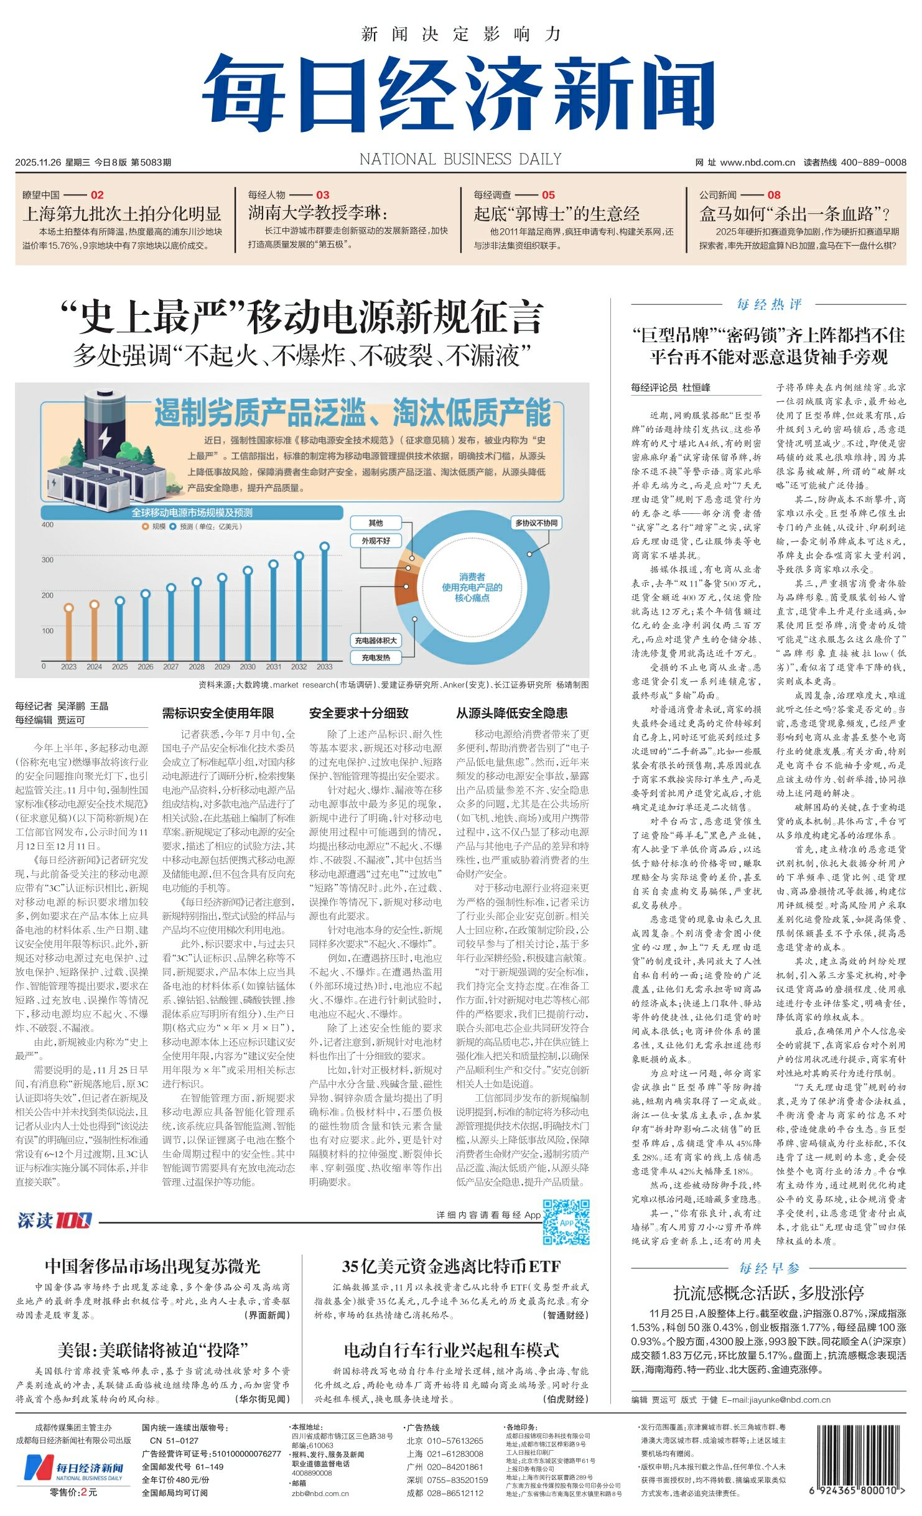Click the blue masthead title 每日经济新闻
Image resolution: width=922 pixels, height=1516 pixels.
point(458,93)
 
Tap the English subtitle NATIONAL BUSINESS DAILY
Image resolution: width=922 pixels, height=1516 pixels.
point(460,160)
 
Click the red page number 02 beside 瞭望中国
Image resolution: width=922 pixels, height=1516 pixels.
point(97,195)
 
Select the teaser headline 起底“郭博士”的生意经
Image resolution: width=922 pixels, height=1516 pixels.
point(556,214)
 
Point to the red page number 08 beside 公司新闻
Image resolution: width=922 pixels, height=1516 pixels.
point(773,195)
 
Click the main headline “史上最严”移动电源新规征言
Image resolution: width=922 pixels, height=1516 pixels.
point(302,317)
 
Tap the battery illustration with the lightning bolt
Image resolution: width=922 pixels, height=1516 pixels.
point(105,426)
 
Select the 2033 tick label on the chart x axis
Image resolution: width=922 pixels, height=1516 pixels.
point(324,667)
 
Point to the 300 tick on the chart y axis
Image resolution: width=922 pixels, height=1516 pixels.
point(47,560)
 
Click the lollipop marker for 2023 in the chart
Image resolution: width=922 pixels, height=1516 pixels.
point(69,608)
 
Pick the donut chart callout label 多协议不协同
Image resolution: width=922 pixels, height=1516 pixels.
point(536,523)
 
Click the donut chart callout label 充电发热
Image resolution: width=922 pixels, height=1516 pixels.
point(376,658)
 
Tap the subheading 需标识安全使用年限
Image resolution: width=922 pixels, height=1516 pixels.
point(218,714)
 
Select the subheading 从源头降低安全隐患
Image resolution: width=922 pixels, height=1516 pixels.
point(511,714)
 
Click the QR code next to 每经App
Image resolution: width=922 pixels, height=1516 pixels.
point(566,1222)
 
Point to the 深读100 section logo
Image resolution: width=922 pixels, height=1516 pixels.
point(55,1221)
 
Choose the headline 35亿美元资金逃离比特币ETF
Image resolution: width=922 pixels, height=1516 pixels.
point(451,1267)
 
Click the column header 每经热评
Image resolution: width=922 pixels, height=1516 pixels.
point(769,304)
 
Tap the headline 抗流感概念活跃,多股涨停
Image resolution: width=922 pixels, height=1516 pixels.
point(768,1293)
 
